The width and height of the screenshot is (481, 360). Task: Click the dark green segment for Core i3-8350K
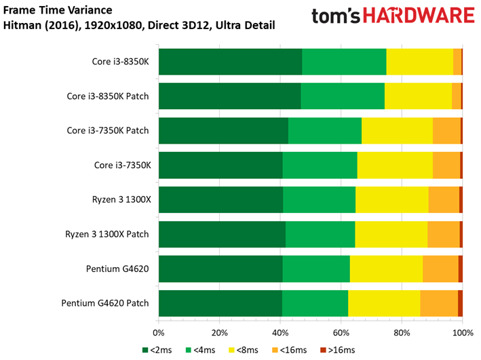pyautogui.click(x=231, y=62)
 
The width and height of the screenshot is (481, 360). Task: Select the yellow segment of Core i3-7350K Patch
pyautogui.click(x=398, y=131)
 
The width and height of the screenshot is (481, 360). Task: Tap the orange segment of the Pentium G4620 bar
pyautogui.click(x=440, y=269)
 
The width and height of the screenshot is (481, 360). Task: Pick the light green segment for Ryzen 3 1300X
pyautogui.click(x=320, y=199)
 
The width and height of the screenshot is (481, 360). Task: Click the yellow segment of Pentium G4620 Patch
pyautogui.click(x=384, y=303)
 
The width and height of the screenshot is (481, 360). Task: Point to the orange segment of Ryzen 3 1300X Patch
pyautogui.click(x=444, y=235)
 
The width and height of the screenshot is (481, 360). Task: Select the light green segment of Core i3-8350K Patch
pyautogui.click(x=343, y=96)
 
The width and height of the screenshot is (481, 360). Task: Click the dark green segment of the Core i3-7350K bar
pyautogui.click(x=221, y=165)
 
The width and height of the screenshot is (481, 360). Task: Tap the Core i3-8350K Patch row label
pyautogui.click(x=108, y=96)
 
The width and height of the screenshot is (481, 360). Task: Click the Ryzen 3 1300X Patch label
pyautogui.click(x=107, y=235)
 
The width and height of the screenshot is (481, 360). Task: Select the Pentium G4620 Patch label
pyautogui.click(x=105, y=303)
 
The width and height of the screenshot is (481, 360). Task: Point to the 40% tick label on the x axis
pyautogui.click(x=280, y=333)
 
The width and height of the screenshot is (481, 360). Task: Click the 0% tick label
pyautogui.click(x=159, y=333)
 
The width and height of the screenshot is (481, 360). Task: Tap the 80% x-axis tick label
pyautogui.click(x=402, y=333)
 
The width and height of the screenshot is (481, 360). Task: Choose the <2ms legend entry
pyautogui.click(x=157, y=350)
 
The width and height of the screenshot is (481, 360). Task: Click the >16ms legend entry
pyautogui.click(x=338, y=350)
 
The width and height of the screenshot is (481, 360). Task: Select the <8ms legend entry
pyautogui.click(x=244, y=350)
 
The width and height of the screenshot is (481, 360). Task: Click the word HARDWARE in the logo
pyautogui.click(x=419, y=16)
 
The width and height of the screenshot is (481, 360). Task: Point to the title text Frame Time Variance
pyautogui.click(x=58, y=10)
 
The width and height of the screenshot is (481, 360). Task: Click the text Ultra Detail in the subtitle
pyautogui.click(x=246, y=25)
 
